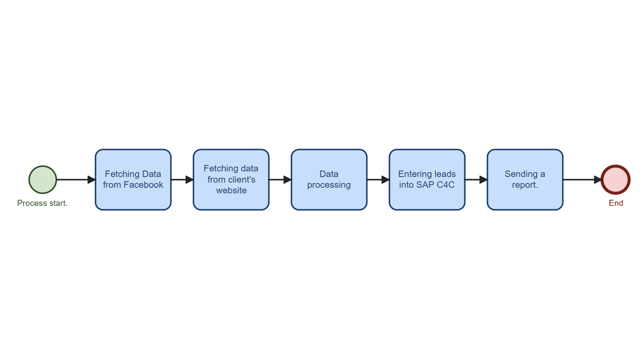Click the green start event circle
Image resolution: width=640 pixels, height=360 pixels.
point(43,180)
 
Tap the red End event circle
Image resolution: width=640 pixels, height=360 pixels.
point(615,180)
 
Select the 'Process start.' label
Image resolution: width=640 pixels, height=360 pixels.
point(42,203)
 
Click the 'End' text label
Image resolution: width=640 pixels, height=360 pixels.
point(616,203)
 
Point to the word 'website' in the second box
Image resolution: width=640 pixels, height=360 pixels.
point(231,190)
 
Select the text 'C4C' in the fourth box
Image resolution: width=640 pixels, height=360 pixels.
point(445,185)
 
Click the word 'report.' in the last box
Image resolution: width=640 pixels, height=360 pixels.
point(525,185)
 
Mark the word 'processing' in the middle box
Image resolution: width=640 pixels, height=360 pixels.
point(329,185)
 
